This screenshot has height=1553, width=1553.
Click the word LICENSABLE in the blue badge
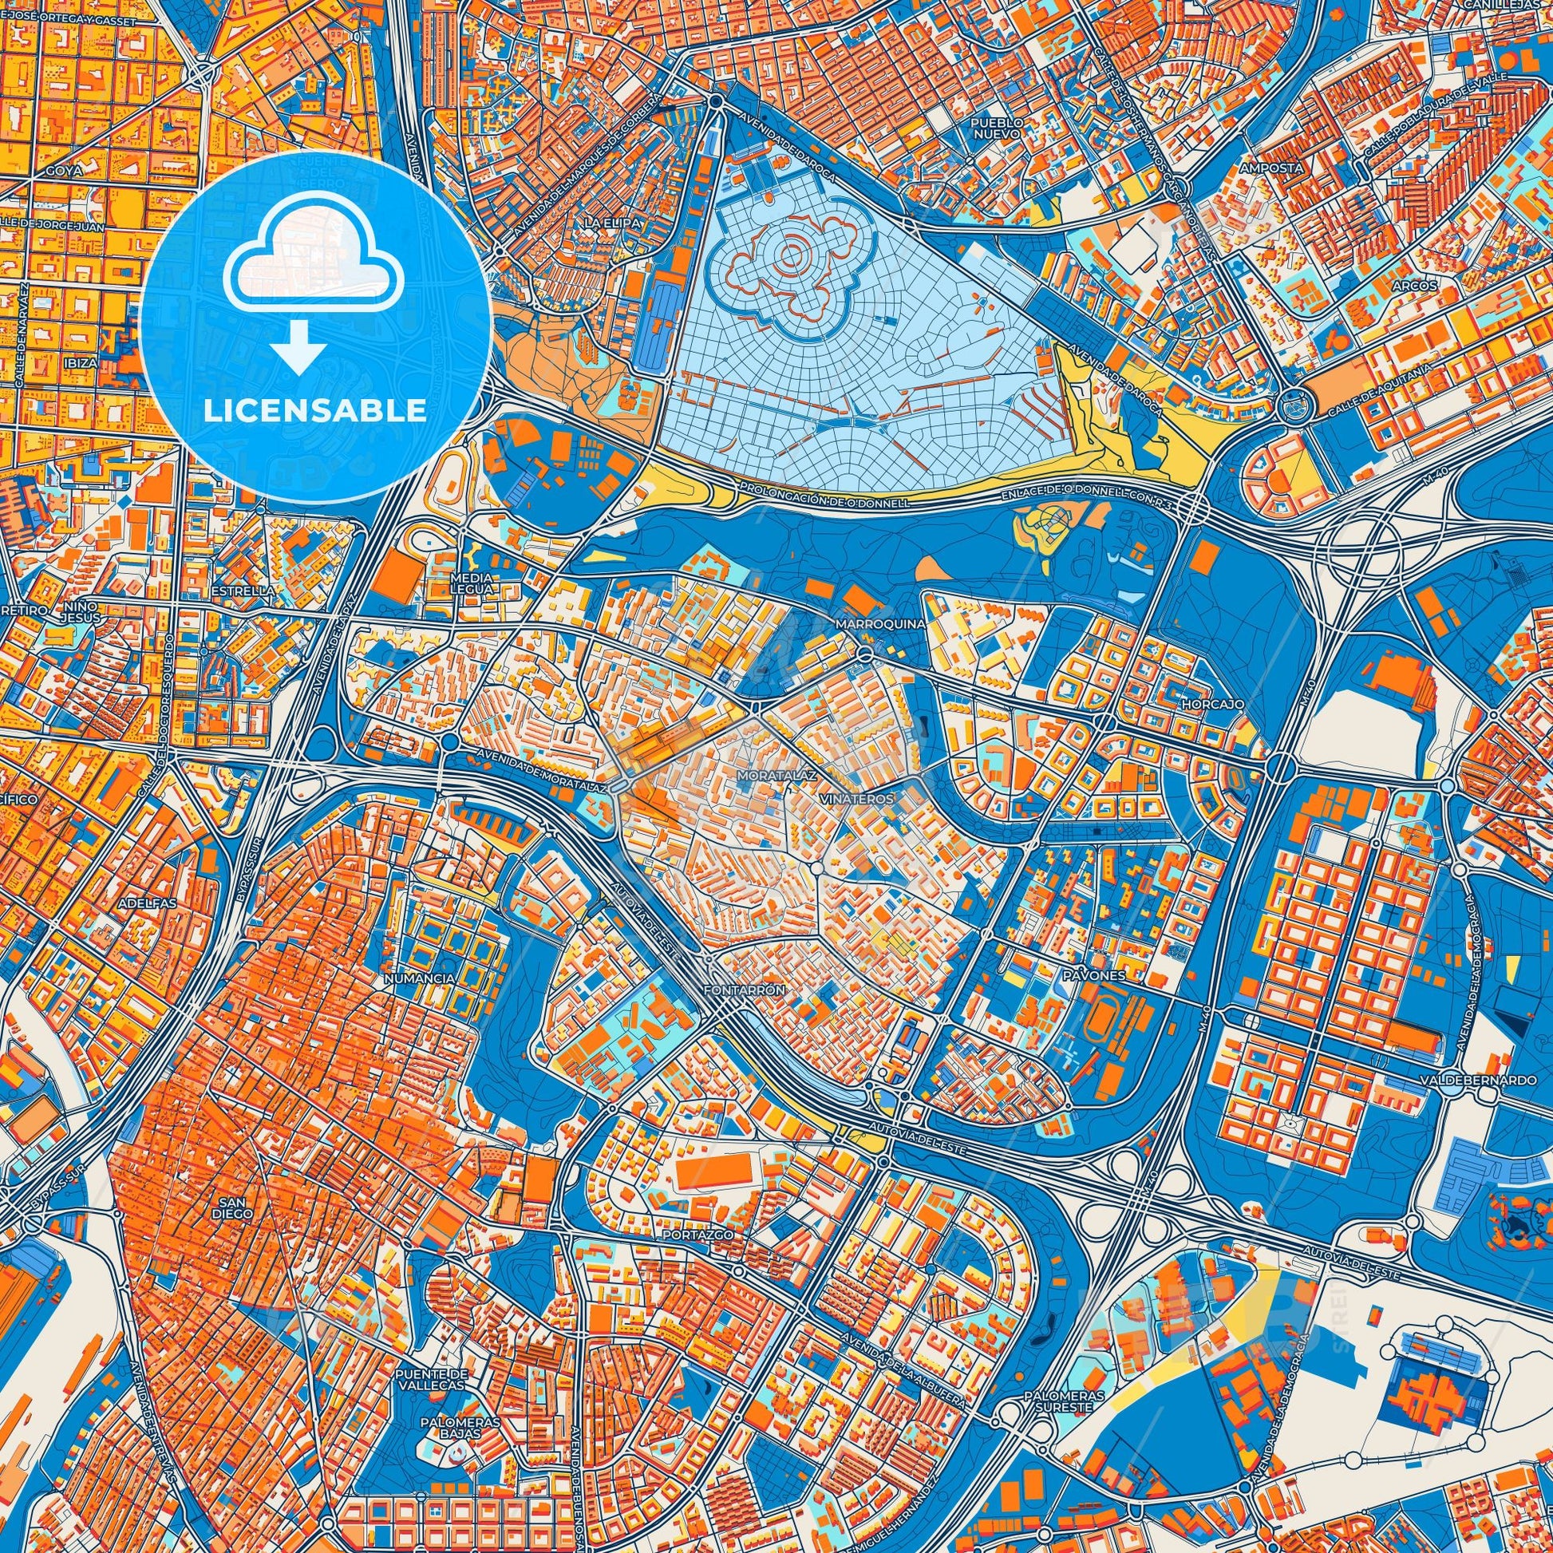coord(315,411)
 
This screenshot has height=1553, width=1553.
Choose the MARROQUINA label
coord(880,624)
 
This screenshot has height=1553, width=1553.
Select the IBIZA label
coord(81,362)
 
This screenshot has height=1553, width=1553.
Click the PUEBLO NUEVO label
coord(997,127)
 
